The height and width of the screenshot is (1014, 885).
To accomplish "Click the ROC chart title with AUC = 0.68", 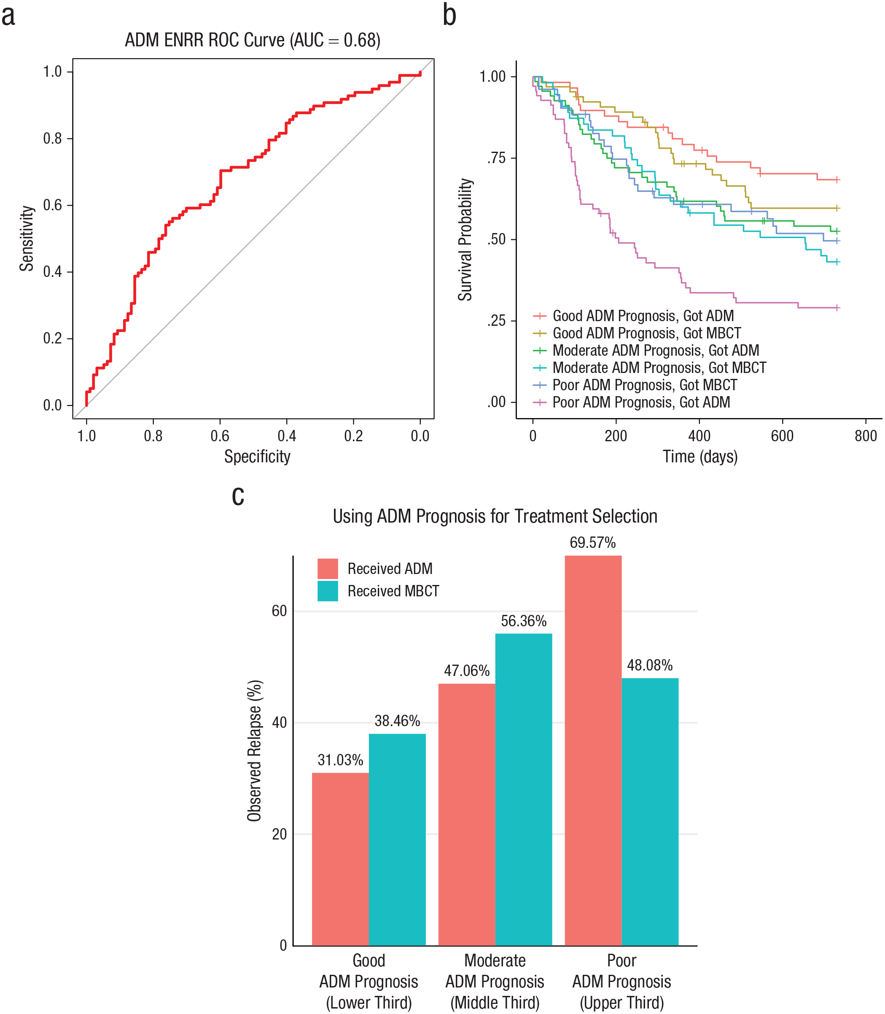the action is [253, 40].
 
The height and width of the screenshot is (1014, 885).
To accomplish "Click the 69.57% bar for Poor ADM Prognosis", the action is [593, 750].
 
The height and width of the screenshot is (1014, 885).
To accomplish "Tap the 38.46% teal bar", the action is [397, 840].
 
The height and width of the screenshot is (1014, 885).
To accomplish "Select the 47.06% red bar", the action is [467, 815].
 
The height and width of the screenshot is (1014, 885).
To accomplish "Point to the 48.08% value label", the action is [649, 665].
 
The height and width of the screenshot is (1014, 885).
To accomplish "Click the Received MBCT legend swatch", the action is [328, 591].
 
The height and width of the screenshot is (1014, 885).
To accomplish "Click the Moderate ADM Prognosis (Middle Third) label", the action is [495, 982].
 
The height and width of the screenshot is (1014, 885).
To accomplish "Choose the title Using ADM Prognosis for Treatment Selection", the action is [495, 516].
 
